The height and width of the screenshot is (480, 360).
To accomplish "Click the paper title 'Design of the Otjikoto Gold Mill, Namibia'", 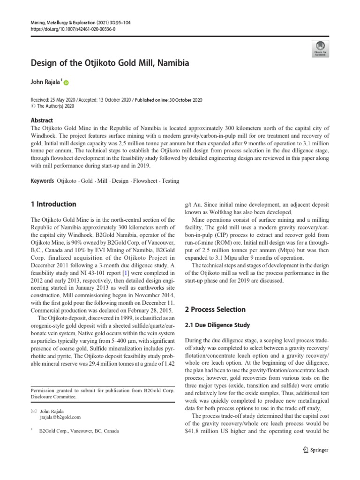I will point(110,62).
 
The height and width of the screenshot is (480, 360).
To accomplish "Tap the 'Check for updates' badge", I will point(320,47).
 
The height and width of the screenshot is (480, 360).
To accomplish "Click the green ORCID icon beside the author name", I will point(66,83).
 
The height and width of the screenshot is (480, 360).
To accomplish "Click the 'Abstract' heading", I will point(42,120).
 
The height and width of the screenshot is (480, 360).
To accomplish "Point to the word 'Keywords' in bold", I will point(42,180).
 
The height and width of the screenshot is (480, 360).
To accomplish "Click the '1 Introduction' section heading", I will point(53,204).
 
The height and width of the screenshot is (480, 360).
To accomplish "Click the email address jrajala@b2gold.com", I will point(60,417).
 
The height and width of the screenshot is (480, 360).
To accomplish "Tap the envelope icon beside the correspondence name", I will point(33,411).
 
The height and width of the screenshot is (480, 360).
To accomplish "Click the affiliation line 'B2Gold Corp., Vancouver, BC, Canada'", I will point(75,430).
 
